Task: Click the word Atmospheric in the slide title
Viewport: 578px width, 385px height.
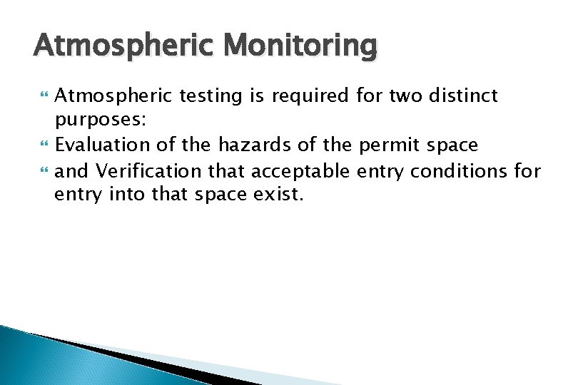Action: [126, 46]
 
